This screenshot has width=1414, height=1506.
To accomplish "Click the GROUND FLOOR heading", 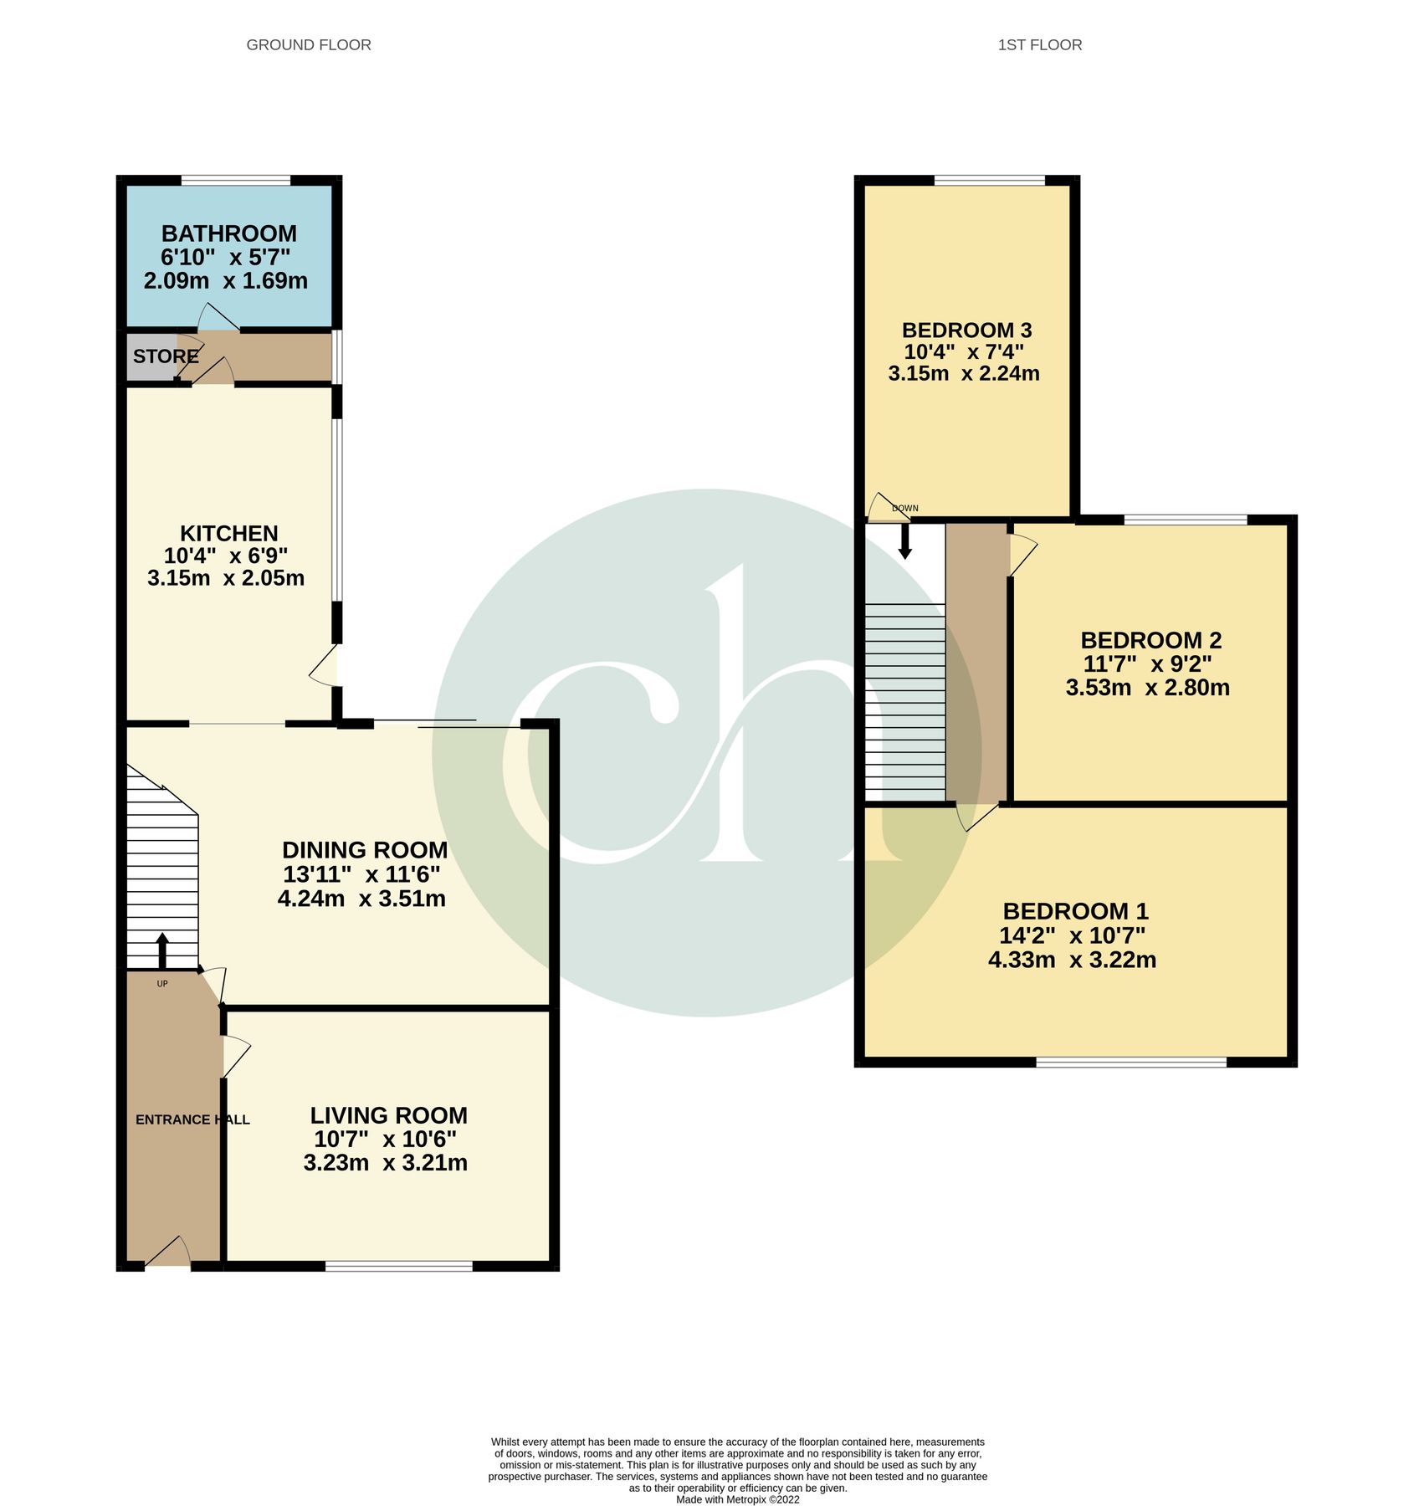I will [309, 45].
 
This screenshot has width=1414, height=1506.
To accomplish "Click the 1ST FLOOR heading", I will [1039, 45].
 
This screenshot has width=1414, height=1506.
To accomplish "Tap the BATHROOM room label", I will [228, 233].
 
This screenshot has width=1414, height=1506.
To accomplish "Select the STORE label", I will [166, 356].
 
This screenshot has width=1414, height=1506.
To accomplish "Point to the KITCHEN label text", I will [228, 534].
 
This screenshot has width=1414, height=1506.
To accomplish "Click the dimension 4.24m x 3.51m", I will [361, 899].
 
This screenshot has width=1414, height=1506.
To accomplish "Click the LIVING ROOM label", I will [388, 1115].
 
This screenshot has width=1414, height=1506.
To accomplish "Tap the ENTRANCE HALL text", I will [192, 1119].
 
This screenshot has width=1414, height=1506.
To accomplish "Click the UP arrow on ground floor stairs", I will [162, 951].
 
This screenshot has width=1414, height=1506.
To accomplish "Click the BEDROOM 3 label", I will [966, 330].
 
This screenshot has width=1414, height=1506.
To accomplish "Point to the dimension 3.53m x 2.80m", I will [1147, 688].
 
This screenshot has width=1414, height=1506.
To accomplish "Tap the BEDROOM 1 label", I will [1075, 911].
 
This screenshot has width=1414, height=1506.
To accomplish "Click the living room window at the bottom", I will [398, 1267].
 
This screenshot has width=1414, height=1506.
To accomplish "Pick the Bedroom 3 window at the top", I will [989, 180].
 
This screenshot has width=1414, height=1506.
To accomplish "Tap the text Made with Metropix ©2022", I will [737, 1500].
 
